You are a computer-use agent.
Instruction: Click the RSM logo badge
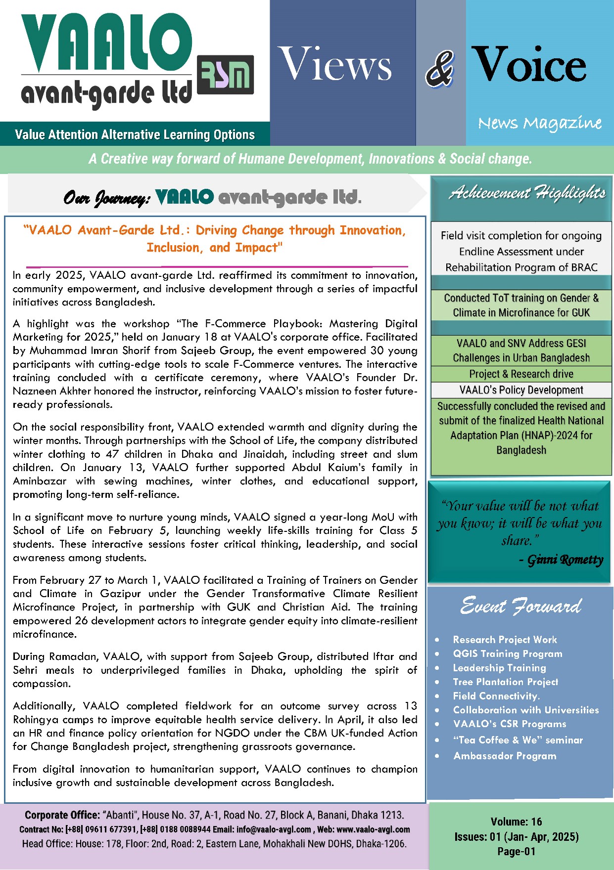click(225, 75)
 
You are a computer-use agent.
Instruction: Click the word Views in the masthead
click(335, 64)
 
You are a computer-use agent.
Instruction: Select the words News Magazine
click(540, 123)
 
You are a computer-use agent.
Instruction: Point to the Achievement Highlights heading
click(527, 193)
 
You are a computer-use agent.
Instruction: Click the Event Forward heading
click(520, 606)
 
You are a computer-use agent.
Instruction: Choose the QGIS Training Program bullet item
click(508, 653)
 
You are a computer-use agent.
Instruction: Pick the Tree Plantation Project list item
click(505, 682)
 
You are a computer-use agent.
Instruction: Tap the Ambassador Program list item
click(505, 756)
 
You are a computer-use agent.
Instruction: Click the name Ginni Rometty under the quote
click(565, 560)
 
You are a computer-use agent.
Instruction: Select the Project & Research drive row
click(521, 374)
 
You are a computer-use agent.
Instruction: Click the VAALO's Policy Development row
click(521, 390)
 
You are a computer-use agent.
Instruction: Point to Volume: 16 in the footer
click(516, 822)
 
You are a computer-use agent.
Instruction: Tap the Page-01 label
click(516, 851)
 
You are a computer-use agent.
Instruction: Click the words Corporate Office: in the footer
click(62, 815)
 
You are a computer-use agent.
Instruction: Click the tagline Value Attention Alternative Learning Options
click(135, 135)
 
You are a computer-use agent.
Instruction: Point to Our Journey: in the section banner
click(106, 198)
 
